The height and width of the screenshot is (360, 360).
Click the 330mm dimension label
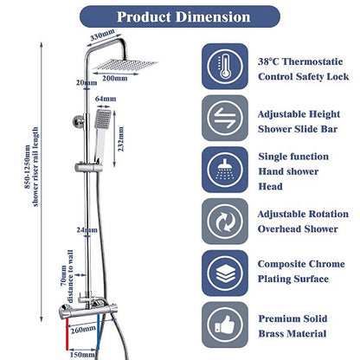tap(102, 35)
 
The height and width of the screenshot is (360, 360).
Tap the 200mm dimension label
tap(115, 79)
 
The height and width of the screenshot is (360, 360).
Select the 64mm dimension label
tap(106, 99)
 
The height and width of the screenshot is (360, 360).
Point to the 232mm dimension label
tap(120, 139)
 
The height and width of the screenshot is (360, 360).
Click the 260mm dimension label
tap(83, 329)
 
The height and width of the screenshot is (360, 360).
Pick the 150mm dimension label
tap(82, 354)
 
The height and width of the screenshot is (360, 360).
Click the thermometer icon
tap(225, 67)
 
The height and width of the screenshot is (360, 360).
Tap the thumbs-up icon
tap(225, 325)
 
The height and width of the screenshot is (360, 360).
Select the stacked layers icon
tap(225, 273)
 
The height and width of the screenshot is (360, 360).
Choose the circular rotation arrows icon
tap(225, 222)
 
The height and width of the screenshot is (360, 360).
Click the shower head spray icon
tap(225, 170)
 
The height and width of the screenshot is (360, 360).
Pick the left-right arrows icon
tap(225, 118)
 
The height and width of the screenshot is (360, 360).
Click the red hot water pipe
tap(67, 334)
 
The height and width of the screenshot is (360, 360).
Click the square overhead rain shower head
tap(125, 65)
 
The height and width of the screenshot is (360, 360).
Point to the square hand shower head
tap(103, 119)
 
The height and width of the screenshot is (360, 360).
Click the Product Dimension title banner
tap(180, 16)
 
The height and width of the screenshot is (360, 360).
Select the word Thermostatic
tap(312, 61)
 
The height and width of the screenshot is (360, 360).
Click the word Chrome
tap(325, 264)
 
